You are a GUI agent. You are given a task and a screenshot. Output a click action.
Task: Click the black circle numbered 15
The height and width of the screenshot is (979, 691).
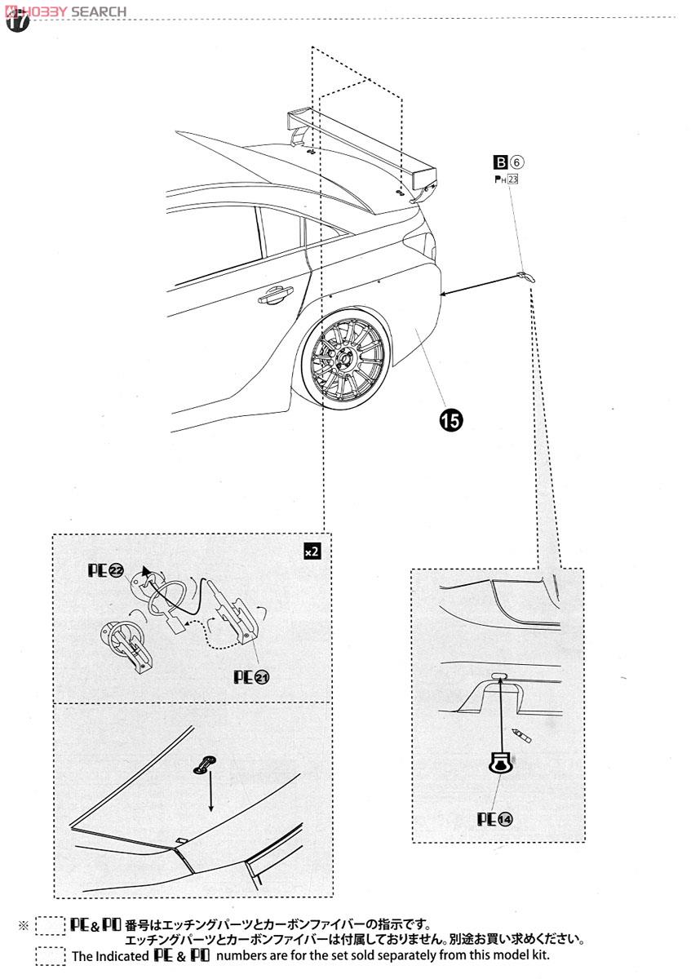[x=450, y=420]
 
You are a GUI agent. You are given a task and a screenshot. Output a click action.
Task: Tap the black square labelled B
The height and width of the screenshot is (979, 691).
[x=500, y=162]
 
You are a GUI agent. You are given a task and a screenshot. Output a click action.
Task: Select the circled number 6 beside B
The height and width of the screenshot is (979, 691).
[x=516, y=162]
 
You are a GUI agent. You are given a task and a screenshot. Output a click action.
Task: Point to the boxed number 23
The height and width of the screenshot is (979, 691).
[x=512, y=179]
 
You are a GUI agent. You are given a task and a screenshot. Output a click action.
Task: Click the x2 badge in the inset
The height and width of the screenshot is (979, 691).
[x=312, y=552]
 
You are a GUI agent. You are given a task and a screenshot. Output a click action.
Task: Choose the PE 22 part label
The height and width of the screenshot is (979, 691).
[x=106, y=570]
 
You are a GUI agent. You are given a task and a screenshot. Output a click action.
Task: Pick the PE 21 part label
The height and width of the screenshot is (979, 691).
[x=251, y=677]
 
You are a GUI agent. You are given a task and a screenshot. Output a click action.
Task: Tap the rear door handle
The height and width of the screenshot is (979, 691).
[x=276, y=295]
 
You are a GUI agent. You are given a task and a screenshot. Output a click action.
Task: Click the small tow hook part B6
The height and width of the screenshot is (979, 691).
[x=525, y=277]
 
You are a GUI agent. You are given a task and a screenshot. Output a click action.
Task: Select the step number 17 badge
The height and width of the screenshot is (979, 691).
[x=17, y=21]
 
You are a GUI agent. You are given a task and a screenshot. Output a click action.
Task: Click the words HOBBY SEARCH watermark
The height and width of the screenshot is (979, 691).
[x=65, y=11]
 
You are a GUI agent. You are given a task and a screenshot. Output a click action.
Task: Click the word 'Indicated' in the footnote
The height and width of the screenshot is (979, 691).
[x=123, y=956]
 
